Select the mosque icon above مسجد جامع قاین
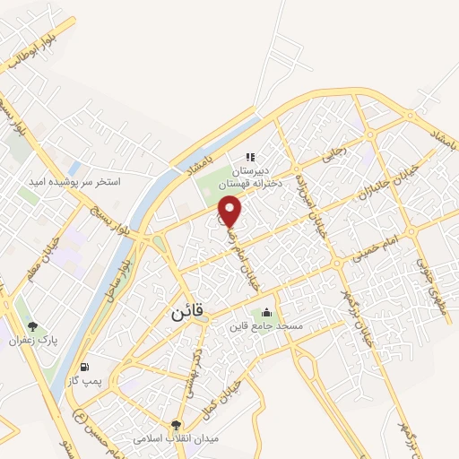pos(266,313)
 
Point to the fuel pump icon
pos(83,367)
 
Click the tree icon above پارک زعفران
pos(33,327)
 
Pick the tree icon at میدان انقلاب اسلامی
pos(176,425)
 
